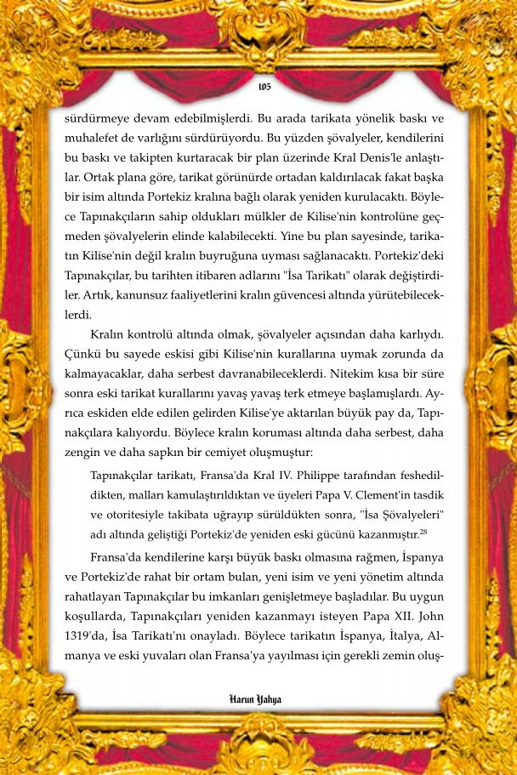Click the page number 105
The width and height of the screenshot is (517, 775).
[264, 87]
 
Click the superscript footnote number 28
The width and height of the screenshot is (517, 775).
[423, 532]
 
